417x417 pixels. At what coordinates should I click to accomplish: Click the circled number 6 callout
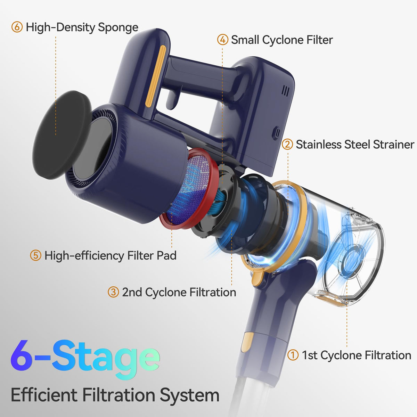click(x=17, y=27)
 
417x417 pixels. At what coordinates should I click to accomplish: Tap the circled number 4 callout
click(x=223, y=40)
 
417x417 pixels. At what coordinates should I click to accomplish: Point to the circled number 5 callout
click(x=36, y=255)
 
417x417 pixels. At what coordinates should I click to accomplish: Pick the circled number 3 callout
click(x=113, y=292)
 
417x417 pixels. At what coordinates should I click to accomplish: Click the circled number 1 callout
click(x=293, y=355)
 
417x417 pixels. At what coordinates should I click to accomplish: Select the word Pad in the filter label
click(x=166, y=255)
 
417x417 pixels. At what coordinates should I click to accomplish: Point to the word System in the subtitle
click(x=190, y=395)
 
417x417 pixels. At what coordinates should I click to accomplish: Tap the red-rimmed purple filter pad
click(x=189, y=188)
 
